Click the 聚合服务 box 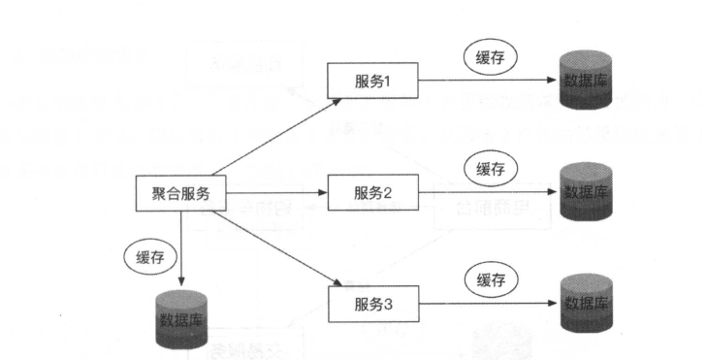pyautogui.click(x=180, y=193)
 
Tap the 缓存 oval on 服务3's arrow pyautogui.click(x=492, y=280)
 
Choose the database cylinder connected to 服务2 pyautogui.click(x=585, y=191)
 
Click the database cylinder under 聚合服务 pyautogui.click(x=183, y=318)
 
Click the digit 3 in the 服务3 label pyautogui.click(x=388, y=306)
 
